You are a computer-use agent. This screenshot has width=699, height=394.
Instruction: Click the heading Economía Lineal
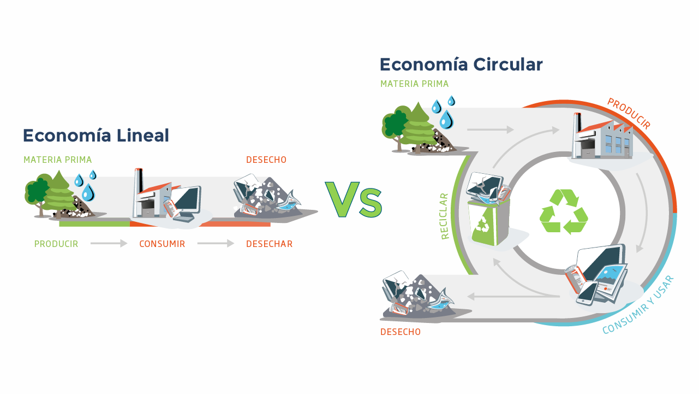[x=96, y=136]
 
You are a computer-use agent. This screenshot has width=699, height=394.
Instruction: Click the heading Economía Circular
[x=461, y=64]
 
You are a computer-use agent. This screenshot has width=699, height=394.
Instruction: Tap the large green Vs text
[x=354, y=199]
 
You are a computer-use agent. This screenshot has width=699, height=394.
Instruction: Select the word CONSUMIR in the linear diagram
[x=162, y=244]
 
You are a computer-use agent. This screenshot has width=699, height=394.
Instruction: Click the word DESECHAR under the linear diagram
[x=270, y=244]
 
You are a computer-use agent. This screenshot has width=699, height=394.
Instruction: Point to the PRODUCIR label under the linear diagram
[x=56, y=244]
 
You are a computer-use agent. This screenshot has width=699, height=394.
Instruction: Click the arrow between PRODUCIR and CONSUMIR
[x=109, y=243]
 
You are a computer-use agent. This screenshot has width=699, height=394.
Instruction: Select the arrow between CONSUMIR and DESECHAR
[x=216, y=243]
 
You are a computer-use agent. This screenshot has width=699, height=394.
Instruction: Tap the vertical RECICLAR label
[x=444, y=216]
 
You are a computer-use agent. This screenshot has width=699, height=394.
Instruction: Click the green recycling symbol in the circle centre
[x=564, y=212]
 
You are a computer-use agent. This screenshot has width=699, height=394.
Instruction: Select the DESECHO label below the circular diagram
[x=401, y=332]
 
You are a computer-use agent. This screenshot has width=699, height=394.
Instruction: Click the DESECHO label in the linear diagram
[x=266, y=160]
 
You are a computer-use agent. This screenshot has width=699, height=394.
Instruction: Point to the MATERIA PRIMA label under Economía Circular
[x=414, y=84]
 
